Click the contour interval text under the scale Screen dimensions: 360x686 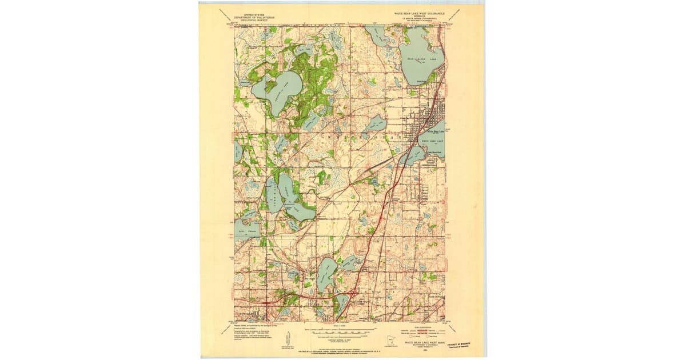click(x=342, y=337)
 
